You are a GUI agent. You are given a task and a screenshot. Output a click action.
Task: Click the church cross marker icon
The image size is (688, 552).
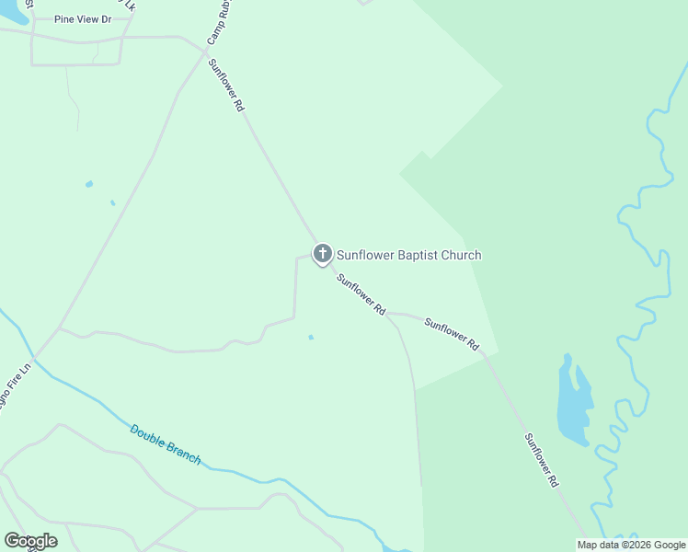coord(322,253)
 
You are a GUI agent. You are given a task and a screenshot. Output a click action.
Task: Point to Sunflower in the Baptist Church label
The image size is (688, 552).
coord(364,255)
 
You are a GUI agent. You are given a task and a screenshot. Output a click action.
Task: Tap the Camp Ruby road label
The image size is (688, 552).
coord(217,23)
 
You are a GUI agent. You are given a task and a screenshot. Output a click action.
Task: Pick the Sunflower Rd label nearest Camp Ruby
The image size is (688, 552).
coord(226,86)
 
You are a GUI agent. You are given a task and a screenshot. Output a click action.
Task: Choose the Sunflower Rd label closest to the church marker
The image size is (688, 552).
coord(361,295)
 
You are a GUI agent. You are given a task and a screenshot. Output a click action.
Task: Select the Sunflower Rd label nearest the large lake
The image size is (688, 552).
coord(541,459)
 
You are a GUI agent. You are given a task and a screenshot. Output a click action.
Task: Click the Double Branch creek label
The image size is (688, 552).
coord(165,443)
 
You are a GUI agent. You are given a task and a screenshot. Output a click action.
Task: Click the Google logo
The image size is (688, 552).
coord(30,541)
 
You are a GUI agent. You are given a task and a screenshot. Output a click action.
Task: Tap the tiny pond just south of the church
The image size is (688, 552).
coord(311,337)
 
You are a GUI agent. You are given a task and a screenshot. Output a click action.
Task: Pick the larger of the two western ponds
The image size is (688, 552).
coord(89,184)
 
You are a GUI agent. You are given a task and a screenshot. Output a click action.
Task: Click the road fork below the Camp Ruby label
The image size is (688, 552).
coord(204,52)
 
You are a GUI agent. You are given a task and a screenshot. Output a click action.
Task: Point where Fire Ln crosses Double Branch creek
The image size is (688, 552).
coord(35,358)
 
